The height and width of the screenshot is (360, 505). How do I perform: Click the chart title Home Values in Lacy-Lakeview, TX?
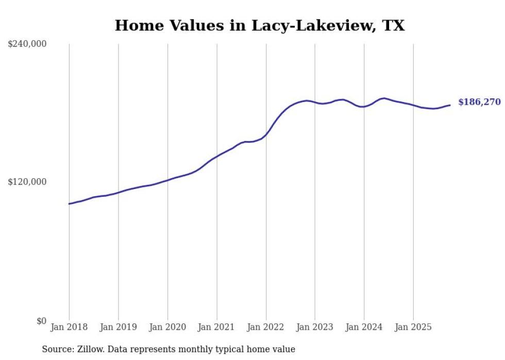point(260,25)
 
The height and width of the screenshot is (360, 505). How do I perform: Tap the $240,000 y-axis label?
point(27,44)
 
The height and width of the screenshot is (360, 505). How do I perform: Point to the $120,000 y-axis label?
point(27,182)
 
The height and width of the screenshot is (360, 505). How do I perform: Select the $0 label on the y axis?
point(41,321)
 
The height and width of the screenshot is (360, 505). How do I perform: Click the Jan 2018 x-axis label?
point(69,327)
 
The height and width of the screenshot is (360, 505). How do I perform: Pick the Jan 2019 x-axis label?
point(118,327)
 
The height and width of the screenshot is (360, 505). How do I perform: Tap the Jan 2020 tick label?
point(167,327)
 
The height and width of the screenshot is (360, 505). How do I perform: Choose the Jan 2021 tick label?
point(216,327)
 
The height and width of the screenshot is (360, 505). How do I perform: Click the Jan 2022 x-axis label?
point(266,327)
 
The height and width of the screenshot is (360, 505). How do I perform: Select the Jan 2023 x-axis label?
point(315,327)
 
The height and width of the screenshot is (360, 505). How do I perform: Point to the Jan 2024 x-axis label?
point(364,327)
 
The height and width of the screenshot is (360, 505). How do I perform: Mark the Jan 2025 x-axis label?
point(413,327)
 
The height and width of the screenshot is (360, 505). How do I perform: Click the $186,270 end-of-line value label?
point(479,102)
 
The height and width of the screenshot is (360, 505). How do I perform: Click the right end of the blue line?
point(450,105)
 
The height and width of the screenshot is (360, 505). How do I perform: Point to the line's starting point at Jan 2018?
point(69,204)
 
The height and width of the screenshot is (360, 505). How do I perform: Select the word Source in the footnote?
point(56,349)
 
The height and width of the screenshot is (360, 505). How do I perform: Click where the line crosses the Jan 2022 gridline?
point(266,134)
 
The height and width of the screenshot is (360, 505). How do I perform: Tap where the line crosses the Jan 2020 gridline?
point(167,180)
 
